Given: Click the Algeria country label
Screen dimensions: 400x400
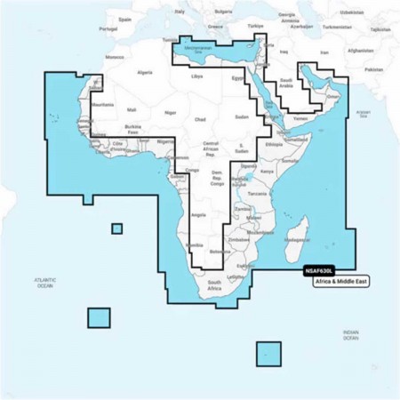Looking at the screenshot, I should coord(145,72).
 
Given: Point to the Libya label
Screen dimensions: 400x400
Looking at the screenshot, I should coord(196,77).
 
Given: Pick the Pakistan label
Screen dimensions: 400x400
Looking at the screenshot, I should coord(374,69).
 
